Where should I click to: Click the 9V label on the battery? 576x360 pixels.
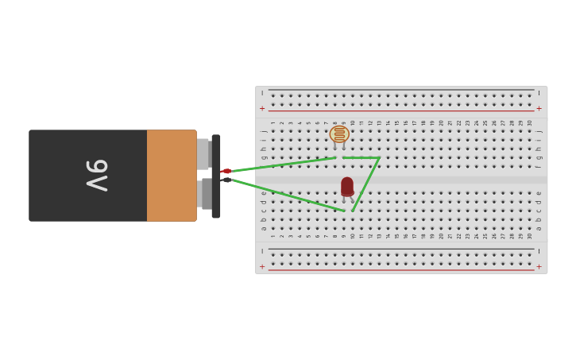tap(97, 175)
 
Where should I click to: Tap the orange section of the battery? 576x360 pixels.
tap(171, 175)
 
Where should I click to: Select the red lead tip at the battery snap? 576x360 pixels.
tap(226, 171)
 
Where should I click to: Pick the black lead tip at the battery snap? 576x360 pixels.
tap(226, 180)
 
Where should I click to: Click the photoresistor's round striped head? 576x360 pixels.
tap(339, 134)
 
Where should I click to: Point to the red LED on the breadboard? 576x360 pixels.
tap(347, 186)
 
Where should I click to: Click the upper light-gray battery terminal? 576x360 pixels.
tap(203, 153)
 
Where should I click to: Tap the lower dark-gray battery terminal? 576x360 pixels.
tap(206, 194)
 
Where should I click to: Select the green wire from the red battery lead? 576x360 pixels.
tap(282, 165)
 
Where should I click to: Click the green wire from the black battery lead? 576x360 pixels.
tap(286, 195)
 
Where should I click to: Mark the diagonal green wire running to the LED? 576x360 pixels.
tap(365, 184)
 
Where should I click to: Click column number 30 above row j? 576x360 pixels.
tap(530, 122)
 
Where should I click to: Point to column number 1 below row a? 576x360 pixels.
tap(273, 236)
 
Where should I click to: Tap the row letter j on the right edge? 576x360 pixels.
tap(539, 131)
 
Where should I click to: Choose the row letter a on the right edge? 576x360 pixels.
tap(539, 228)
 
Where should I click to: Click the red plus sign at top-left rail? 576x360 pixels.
tap(262, 108)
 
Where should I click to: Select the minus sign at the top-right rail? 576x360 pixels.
tap(539, 93)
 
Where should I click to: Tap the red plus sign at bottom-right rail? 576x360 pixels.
tap(539, 267)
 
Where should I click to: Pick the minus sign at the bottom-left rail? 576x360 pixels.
tap(262, 251)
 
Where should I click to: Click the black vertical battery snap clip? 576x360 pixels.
tap(216, 176)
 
